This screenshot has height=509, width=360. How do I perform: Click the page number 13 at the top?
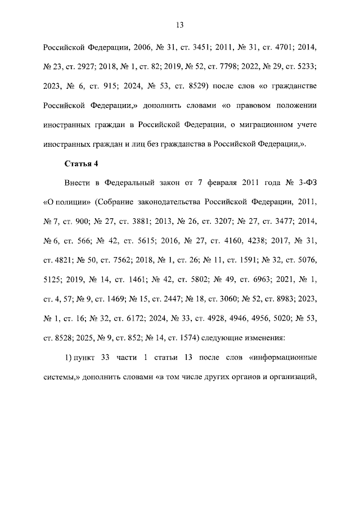click(x=180, y=25)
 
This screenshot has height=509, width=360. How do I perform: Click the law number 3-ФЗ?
click(x=304, y=183)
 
